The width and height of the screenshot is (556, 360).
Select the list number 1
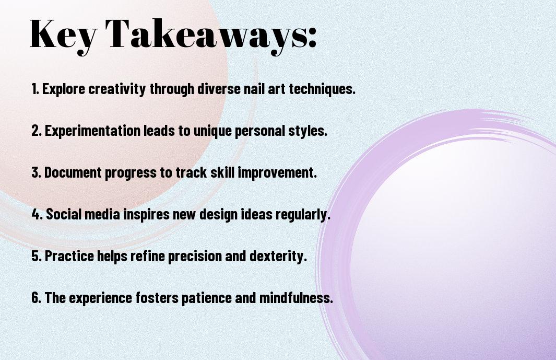click(x=35, y=89)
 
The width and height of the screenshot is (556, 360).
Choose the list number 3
click(x=36, y=172)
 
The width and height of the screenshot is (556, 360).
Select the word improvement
click(x=277, y=173)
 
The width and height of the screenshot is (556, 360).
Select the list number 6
click(x=36, y=297)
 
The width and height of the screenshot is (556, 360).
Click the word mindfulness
click(x=296, y=297)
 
